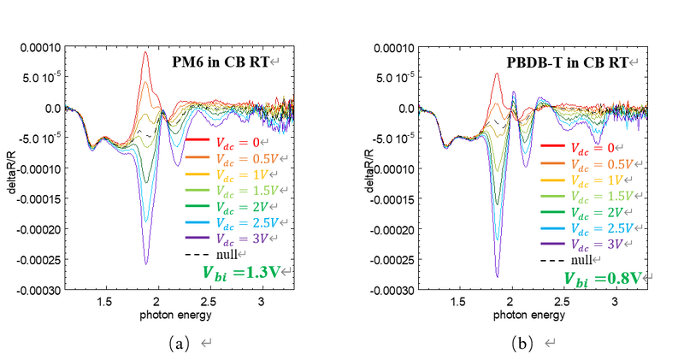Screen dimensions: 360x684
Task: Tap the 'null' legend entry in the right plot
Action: tap(581, 260)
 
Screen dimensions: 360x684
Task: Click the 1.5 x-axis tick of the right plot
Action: tap(458, 302)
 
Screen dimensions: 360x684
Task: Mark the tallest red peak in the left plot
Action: tap(146, 53)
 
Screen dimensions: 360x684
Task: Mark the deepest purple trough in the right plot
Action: tap(497, 276)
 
